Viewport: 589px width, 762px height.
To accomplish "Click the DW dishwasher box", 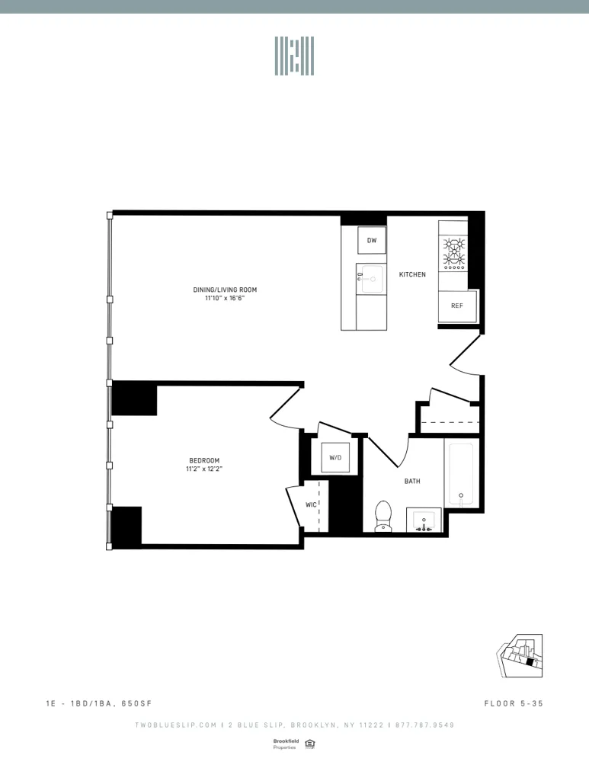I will click(372, 241).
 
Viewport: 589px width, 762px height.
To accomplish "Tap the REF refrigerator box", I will click(457, 306).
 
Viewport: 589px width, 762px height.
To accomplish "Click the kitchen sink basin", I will click(372, 279).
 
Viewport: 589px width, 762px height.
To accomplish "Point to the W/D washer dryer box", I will click(335, 457).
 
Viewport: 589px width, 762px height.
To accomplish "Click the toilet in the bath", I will click(383, 515).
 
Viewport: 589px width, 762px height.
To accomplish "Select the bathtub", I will click(461, 474).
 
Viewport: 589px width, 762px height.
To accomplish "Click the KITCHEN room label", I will click(412, 274).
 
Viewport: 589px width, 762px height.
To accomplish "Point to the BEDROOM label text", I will click(204, 460).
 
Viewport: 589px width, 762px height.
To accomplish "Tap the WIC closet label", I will click(311, 504).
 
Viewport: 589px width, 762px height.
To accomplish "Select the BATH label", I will click(412, 482).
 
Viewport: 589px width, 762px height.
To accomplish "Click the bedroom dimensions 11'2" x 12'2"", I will click(204, 469).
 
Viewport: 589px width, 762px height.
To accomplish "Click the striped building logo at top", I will click(294, 56).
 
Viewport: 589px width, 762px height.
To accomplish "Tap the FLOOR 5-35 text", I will click(513, 703).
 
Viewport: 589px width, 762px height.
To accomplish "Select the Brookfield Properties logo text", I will click(284, 744).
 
